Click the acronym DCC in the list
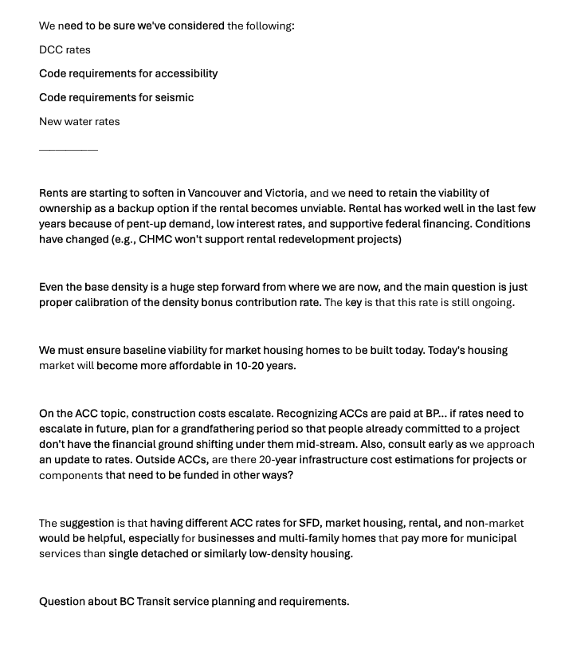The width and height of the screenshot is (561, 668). (51, 49)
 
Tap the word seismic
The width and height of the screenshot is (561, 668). (175, 97)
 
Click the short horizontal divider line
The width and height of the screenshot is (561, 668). (69, 149)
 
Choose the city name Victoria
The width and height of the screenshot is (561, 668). (279, 193)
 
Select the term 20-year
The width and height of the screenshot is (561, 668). (278, 460)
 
